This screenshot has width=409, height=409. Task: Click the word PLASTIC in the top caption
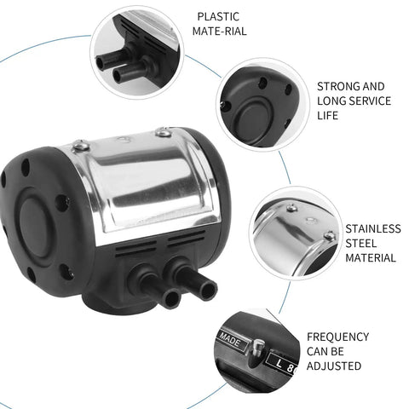click(218, 16)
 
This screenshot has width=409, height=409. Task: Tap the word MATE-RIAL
click(219, 31)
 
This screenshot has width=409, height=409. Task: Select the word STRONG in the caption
click(335, 86)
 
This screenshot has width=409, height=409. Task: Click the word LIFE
click(327, 116)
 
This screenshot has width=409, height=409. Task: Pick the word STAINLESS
click(373, 228)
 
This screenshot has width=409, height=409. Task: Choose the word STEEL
click(361, 244)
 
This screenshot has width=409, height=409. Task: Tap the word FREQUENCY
click(337, 337)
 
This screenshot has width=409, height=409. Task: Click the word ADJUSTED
click(334, 366)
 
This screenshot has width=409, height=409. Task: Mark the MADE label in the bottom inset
click(231, 340)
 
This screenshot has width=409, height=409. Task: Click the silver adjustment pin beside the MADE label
click(258, 348)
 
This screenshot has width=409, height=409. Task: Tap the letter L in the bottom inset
click(279, 363)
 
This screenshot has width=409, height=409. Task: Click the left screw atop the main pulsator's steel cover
click(81, 147)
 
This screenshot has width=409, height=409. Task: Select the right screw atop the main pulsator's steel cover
click(164, 131)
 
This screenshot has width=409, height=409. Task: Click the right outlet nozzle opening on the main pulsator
click(208, 290)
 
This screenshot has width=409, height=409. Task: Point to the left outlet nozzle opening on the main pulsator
click(171, 298)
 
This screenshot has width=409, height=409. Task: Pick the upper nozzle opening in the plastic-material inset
click(100, 63)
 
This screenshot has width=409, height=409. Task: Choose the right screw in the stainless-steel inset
click(329, 235)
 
